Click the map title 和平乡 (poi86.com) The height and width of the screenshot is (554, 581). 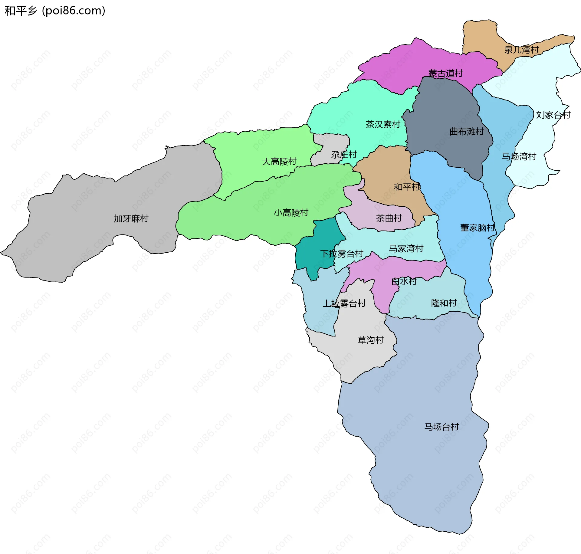(55, 11)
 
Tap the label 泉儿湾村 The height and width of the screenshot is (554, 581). (521, 50)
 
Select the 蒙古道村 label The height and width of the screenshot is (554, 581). (445, 74)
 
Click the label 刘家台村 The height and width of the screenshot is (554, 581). (553, 115)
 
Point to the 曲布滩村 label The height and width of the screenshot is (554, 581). (467, 132)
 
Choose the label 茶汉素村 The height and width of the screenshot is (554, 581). (383, 124)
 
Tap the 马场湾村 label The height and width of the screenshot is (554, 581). (519, 156)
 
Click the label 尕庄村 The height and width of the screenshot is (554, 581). (344, 155)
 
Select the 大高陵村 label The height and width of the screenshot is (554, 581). (279, 162)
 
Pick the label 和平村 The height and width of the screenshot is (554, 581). (407, 187)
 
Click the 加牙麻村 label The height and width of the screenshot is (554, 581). (131, 218)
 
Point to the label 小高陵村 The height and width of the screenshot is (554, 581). (291, 213)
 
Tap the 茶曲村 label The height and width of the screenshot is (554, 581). (389, 218)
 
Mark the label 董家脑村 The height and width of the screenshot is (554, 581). (477, 228)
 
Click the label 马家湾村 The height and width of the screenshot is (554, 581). (406, 249)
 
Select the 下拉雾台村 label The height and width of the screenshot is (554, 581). (342, 254)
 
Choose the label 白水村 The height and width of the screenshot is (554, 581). (404, 281)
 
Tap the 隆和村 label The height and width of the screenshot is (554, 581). (444, 303)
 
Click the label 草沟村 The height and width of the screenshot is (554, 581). (371, 340)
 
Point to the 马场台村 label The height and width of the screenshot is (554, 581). (441, 427)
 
